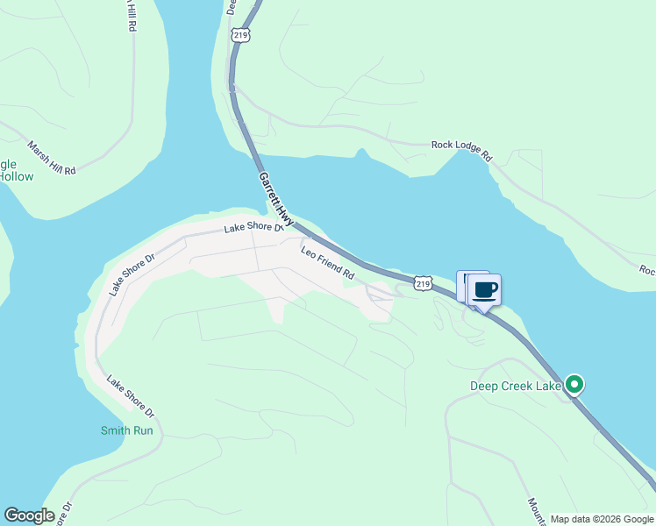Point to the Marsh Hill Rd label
(x=52, y=158)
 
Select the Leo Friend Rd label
(x=327, y=264)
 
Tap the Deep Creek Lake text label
(x=515, y=386)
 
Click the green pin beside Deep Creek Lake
(x=574, y=385)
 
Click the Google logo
(x=29, y=515)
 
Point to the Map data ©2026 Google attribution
(x=601, y=519)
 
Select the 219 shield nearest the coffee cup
(x=424, y=283)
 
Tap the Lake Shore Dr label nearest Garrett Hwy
(x=253, y=228)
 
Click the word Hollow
(x=16, y=177)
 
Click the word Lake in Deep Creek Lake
(x=548, y=386)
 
